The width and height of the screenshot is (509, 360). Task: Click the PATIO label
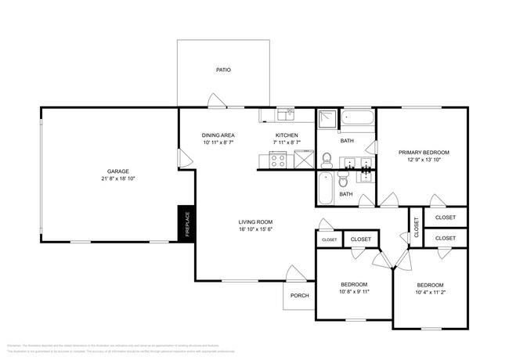click(224, 70)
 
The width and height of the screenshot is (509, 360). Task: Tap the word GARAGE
click(118, 171)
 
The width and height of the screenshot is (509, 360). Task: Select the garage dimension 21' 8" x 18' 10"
click(118, 179)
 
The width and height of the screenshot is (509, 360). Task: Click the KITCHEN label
click(287, 135)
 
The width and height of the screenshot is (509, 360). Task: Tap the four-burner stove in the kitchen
click(277, 160)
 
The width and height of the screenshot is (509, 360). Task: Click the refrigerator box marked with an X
click(302, 160)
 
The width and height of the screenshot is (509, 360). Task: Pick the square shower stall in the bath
click(328, 119)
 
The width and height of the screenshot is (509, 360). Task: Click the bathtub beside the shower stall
click(359, 121)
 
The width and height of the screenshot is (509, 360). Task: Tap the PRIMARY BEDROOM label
click(422, 152)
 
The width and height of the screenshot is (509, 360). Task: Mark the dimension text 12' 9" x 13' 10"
click(422, 160)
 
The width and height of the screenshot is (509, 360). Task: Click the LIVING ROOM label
click(255, 221)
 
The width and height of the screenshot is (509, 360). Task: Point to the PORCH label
click(299, 295)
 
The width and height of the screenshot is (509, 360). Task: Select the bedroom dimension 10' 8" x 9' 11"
click(354, 293)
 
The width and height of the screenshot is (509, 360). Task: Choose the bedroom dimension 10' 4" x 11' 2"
click(430, 293)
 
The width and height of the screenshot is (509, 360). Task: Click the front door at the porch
click(295, 275)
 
